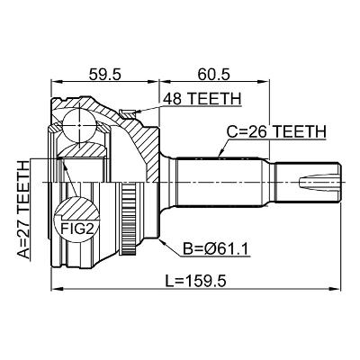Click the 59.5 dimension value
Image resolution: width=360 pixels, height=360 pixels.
[x=104, y=74]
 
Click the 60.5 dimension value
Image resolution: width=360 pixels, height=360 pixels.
[x=213, y=74]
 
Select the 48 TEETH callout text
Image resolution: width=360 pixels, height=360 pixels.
[x=202, y=99]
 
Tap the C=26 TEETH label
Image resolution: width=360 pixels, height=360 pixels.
[x=276, y=131]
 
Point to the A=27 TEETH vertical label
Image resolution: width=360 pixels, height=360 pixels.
[x=23, y=209]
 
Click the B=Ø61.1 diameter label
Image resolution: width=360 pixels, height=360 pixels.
[x=216, y=249]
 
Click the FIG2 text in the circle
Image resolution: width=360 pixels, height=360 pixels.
[x=76, y=229]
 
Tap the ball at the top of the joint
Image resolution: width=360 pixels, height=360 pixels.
[x=79, y=125]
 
